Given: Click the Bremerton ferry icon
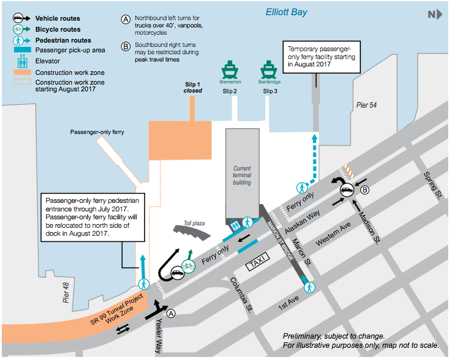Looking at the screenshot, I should tap(231, 68).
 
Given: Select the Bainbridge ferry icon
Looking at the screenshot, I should tap(269, 68).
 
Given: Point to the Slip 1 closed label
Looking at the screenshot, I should tap(193, 88).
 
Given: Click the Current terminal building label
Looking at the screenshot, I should tap(242, 176).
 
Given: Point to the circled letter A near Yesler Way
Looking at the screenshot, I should tap(171, 314).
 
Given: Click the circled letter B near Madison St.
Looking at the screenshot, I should tap(364, 189).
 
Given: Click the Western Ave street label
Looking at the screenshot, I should tap(334, 233).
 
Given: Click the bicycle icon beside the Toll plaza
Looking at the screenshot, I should tap(188, 266).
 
